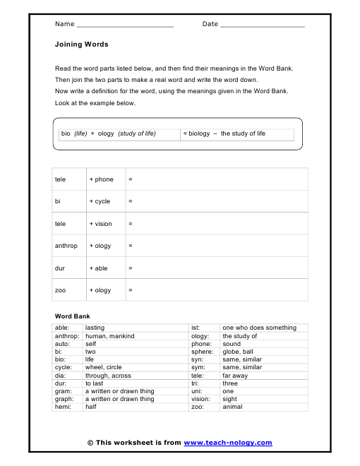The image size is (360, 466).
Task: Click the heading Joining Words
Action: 81,44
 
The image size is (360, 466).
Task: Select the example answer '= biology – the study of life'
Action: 224,133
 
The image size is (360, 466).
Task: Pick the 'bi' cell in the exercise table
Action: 58,201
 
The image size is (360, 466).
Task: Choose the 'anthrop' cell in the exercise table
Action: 66,246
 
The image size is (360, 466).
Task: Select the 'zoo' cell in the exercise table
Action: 60,290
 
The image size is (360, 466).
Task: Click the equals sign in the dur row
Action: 131,268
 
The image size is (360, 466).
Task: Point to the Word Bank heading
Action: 72,316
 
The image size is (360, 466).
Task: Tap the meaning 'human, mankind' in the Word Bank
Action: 109,336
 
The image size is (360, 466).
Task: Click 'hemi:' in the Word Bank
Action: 62,407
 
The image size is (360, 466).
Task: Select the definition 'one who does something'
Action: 259,328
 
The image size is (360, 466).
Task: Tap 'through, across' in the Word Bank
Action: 108,376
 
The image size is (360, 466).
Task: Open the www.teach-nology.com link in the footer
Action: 227,443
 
